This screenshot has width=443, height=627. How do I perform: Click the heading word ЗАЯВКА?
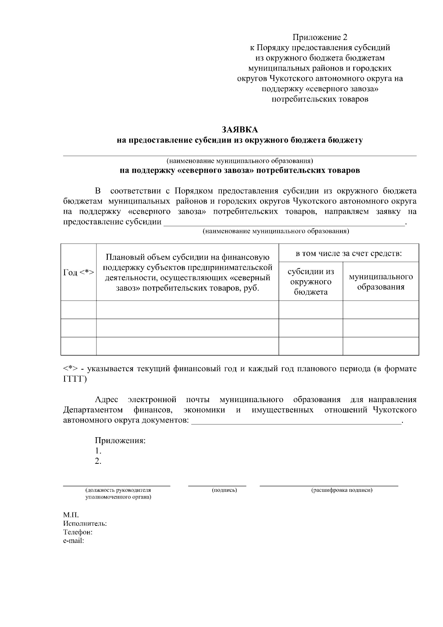(240, 130)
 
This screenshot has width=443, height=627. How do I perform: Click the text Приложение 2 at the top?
(320, 37)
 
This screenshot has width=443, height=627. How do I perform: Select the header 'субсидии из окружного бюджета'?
(310, 282)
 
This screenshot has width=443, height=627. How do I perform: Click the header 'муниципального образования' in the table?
(381, 282)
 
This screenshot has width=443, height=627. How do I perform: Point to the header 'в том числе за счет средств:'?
(348, 254)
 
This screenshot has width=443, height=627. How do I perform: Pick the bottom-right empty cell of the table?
(381, 346)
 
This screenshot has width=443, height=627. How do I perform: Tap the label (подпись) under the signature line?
(224, 490)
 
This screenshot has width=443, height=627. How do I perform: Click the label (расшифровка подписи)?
(341, 490)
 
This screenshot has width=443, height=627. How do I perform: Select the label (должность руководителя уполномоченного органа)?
(118, 494)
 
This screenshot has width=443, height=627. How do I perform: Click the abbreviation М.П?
(71, 515)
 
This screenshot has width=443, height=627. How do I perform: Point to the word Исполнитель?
(85, 524)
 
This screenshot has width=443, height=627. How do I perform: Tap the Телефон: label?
(78, 532)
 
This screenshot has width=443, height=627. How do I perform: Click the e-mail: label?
(73, 541)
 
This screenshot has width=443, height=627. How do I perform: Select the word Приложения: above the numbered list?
(120, 441)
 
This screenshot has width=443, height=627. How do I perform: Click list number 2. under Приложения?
(98, 461)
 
